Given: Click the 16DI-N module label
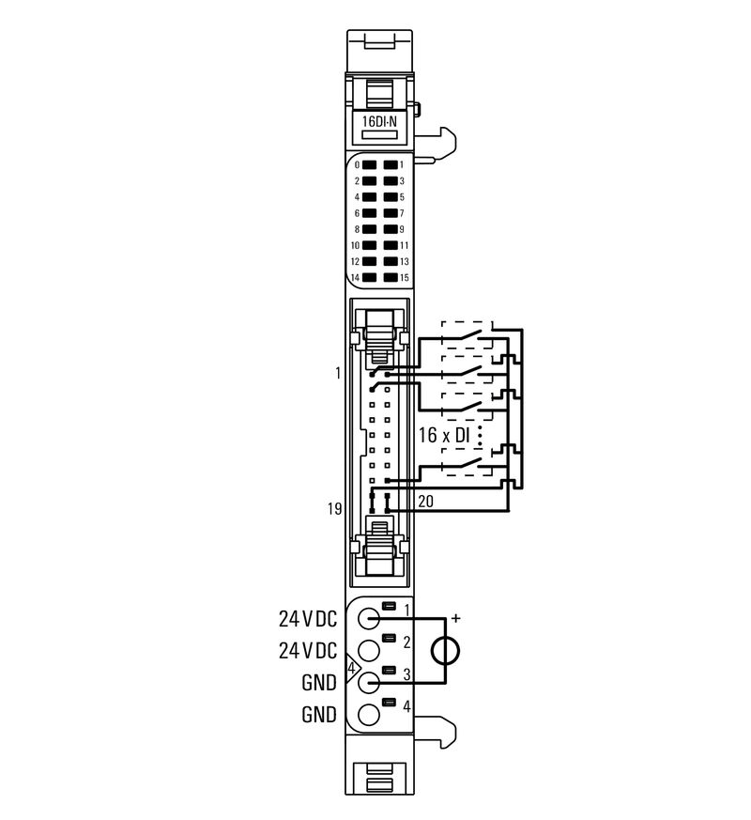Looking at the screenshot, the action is pyautogui.click(x=380, y=120).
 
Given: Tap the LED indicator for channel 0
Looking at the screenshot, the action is pyautogui.click(x=370, y=164).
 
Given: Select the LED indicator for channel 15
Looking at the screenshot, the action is pyautogui.click(x=391, y=278).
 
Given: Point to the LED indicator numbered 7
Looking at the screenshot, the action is pyautogui.click(x=391, y=213).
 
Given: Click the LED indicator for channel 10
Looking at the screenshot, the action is pyautogui.click(x=370, y=245).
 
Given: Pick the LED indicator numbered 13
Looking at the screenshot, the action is pyautogui.click(x=391, y=261).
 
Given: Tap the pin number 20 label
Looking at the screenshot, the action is pyautogui.click(x=425, y=503).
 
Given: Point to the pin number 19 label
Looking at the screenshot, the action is pyautogui.click(x=333, y=508).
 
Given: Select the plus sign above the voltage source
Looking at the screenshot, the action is pyautogui.click(x=457, y=618).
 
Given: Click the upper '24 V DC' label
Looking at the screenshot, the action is pyautogui.click(x=307, y=619).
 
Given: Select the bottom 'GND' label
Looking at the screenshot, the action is pyautogui.click(x=319, y=715).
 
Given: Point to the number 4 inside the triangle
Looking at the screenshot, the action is pyautogui.click(x=351, y=669).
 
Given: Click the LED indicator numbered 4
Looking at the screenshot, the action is pyautogui.click(x=370, y=197).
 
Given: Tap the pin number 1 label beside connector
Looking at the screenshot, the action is pyautogui.click(x=336, y=373).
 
